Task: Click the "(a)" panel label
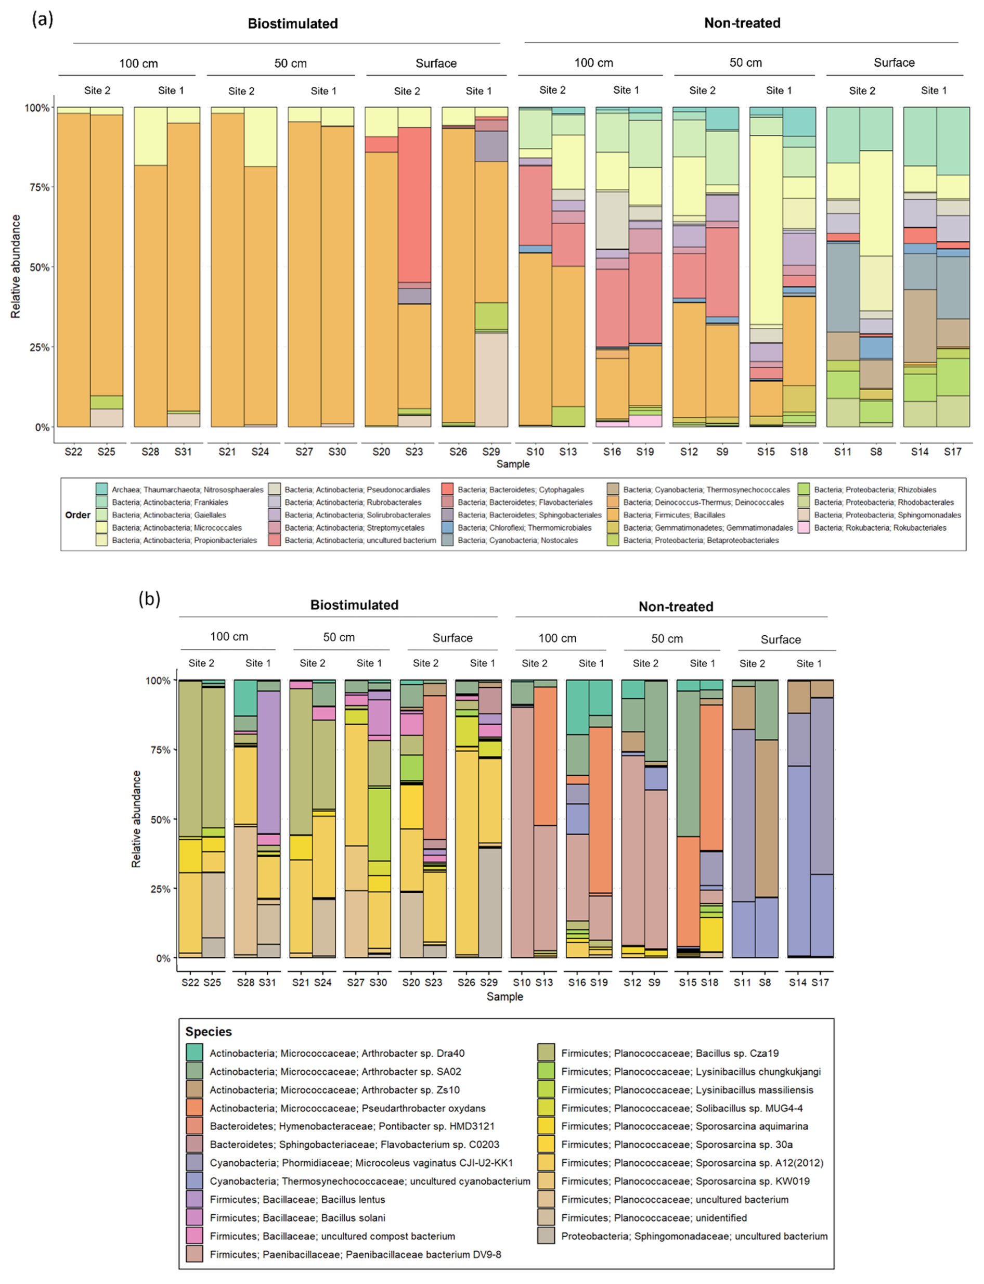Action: [x=42, y=19]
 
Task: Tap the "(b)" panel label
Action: [x=149, y=599]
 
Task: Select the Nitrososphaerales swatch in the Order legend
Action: [x=102, y=489]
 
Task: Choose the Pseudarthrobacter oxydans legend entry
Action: [x=347, y=1108]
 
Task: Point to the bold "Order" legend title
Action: [x=78, y=515]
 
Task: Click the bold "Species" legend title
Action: [x=209, y=1032]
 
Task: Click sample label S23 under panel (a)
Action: [x=414, y=452]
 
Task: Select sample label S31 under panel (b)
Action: [x=267, y=982]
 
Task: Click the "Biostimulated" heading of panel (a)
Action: [x=293, y=24]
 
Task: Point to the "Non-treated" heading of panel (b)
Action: [x=676, y=606]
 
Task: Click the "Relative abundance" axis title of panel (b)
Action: [x=136, y=819]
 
